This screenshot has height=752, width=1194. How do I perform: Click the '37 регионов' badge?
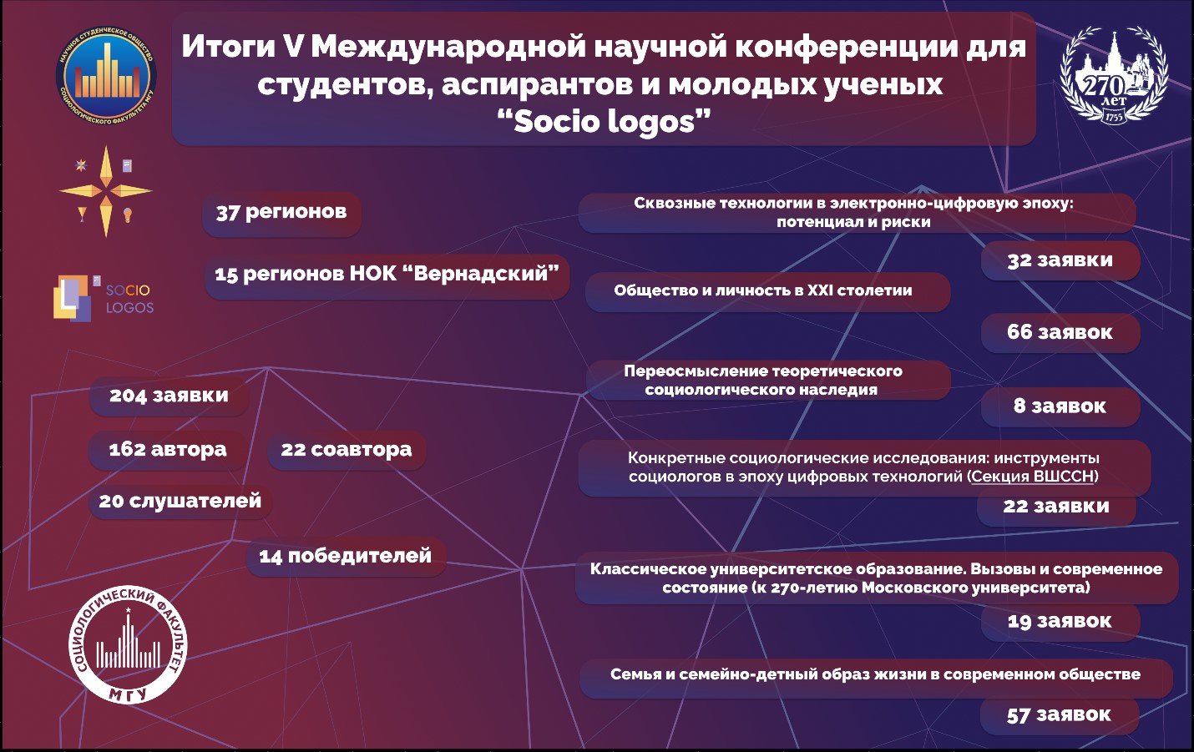point(281,213)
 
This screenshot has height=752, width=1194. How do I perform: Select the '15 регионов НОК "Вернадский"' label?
point(387,275)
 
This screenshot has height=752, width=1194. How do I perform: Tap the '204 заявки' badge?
point(169,396)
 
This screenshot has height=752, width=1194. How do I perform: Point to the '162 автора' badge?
point(168,450)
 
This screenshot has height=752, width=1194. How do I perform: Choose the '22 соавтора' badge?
point(347,450)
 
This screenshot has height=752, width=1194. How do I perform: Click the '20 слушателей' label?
point(180,502)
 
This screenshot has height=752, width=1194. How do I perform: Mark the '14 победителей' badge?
point(346,556)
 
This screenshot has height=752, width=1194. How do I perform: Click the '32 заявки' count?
point(1060,260)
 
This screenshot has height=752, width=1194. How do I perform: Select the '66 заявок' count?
point(1060,332)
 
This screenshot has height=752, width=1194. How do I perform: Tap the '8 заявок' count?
point(1060,406)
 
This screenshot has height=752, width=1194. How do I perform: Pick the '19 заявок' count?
point(1060,621)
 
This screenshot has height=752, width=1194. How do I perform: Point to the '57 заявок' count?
point(1059,715)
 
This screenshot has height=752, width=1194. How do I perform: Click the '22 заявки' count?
point(1056,506)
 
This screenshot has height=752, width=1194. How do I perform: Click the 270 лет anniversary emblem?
point(1113,77)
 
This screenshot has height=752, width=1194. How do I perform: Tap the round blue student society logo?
point(106,77)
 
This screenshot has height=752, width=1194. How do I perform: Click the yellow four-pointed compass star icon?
point(106,191)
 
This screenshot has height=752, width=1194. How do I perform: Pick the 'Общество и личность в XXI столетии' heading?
point(763,290)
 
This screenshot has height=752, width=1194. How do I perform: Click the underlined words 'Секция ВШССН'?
point(1033,477)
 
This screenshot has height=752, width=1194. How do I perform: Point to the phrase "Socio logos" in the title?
point(604,122)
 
